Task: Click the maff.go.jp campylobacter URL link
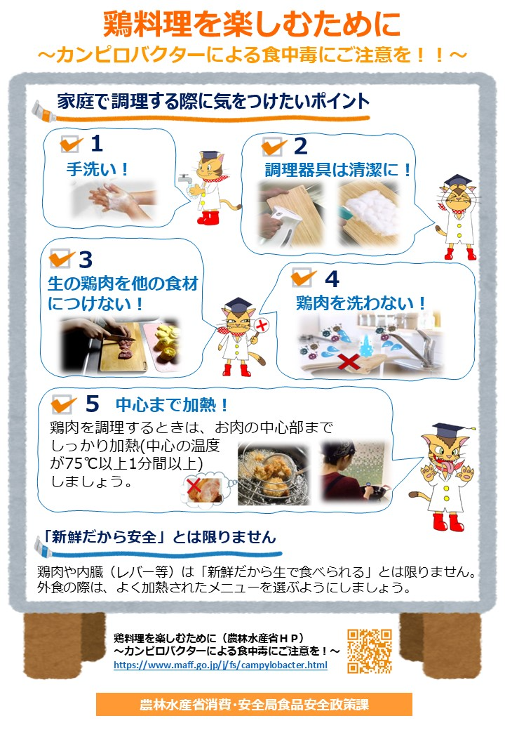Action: point(220,665)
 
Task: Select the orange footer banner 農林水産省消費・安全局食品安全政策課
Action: point(254,704)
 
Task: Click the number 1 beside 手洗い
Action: point(97,144)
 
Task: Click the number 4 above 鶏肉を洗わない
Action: point(332,279)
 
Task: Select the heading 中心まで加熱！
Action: point(172,405)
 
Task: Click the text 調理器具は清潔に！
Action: point(337,170)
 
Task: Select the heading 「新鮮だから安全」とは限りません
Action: point(157,537)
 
